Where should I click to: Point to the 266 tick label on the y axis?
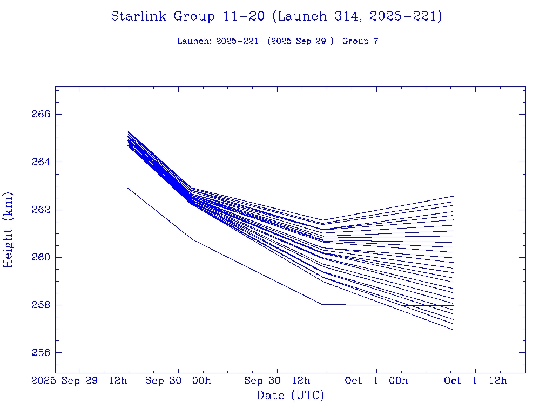41,114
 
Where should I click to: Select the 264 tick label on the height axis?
41,162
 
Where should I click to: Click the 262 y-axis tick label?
41,209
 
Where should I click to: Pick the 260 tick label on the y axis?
41,257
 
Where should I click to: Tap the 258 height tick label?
41,305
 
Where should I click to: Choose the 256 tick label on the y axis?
41,352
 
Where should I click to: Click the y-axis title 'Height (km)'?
9,229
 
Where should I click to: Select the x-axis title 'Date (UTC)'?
291,396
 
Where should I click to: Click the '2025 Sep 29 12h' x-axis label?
80,380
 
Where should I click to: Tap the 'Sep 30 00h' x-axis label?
178,380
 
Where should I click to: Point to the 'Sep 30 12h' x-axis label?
278,380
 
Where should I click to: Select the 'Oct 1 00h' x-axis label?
376,380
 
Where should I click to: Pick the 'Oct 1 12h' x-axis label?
476,380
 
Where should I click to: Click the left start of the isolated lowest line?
128,188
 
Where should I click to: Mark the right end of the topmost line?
453,196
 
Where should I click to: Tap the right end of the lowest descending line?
452,329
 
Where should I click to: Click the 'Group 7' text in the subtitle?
360,41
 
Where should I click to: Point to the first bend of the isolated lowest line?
192,239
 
